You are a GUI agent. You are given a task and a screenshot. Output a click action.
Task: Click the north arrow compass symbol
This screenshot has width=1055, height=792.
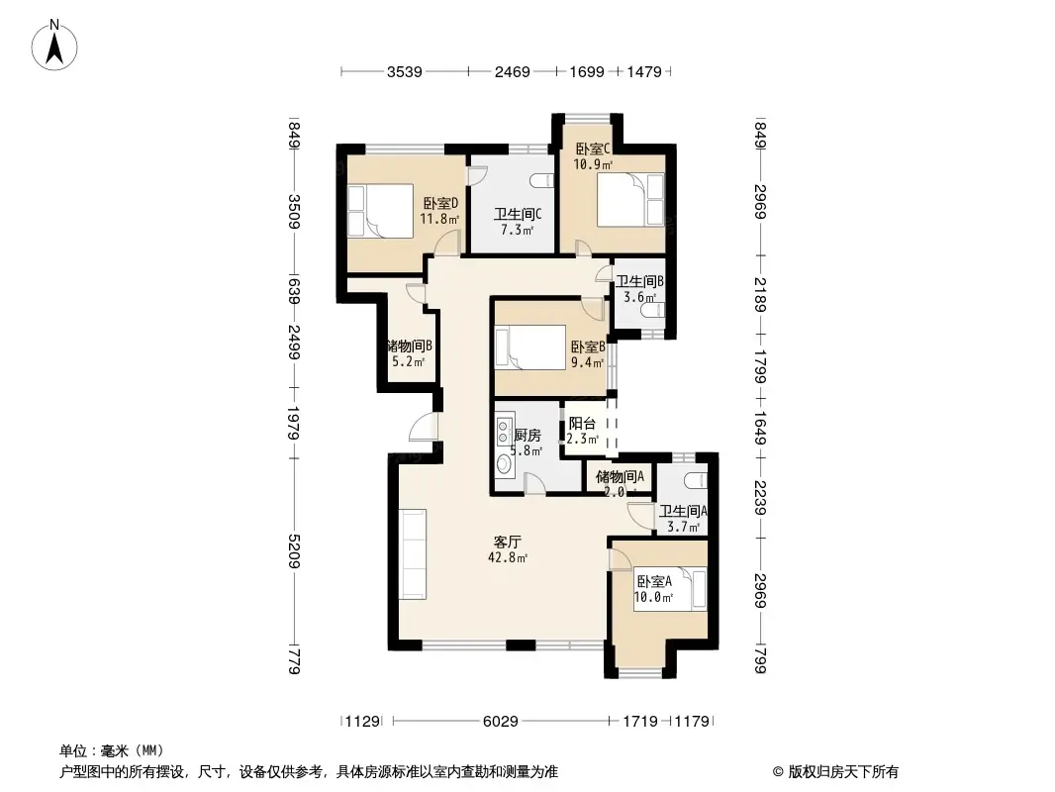click(x=56, y=44)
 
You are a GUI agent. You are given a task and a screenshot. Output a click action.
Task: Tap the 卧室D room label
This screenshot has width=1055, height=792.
click(x=439, y=203)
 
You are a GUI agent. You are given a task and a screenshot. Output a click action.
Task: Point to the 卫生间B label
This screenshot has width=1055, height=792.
click(x=641, y=281)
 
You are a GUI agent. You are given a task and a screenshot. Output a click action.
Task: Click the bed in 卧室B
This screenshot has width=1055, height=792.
click(x=530, y=347)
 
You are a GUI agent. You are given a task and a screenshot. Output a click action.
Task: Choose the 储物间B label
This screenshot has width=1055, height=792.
click(x=409, y=346)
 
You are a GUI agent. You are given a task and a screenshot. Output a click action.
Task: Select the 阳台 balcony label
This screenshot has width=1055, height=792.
click(x=582, y=423)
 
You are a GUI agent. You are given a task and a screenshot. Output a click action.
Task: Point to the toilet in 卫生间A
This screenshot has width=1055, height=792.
click(x=697, y=479)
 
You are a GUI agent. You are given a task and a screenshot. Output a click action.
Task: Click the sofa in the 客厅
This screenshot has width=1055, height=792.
click(x=412, y=554)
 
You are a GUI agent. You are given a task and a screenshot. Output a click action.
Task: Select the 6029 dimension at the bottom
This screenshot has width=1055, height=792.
click(x=501, y=722)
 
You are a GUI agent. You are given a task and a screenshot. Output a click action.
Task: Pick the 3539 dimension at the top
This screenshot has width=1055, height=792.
click(x=404, y=71)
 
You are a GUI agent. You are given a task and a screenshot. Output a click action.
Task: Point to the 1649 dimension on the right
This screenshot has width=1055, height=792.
click(x=759, y=430)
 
